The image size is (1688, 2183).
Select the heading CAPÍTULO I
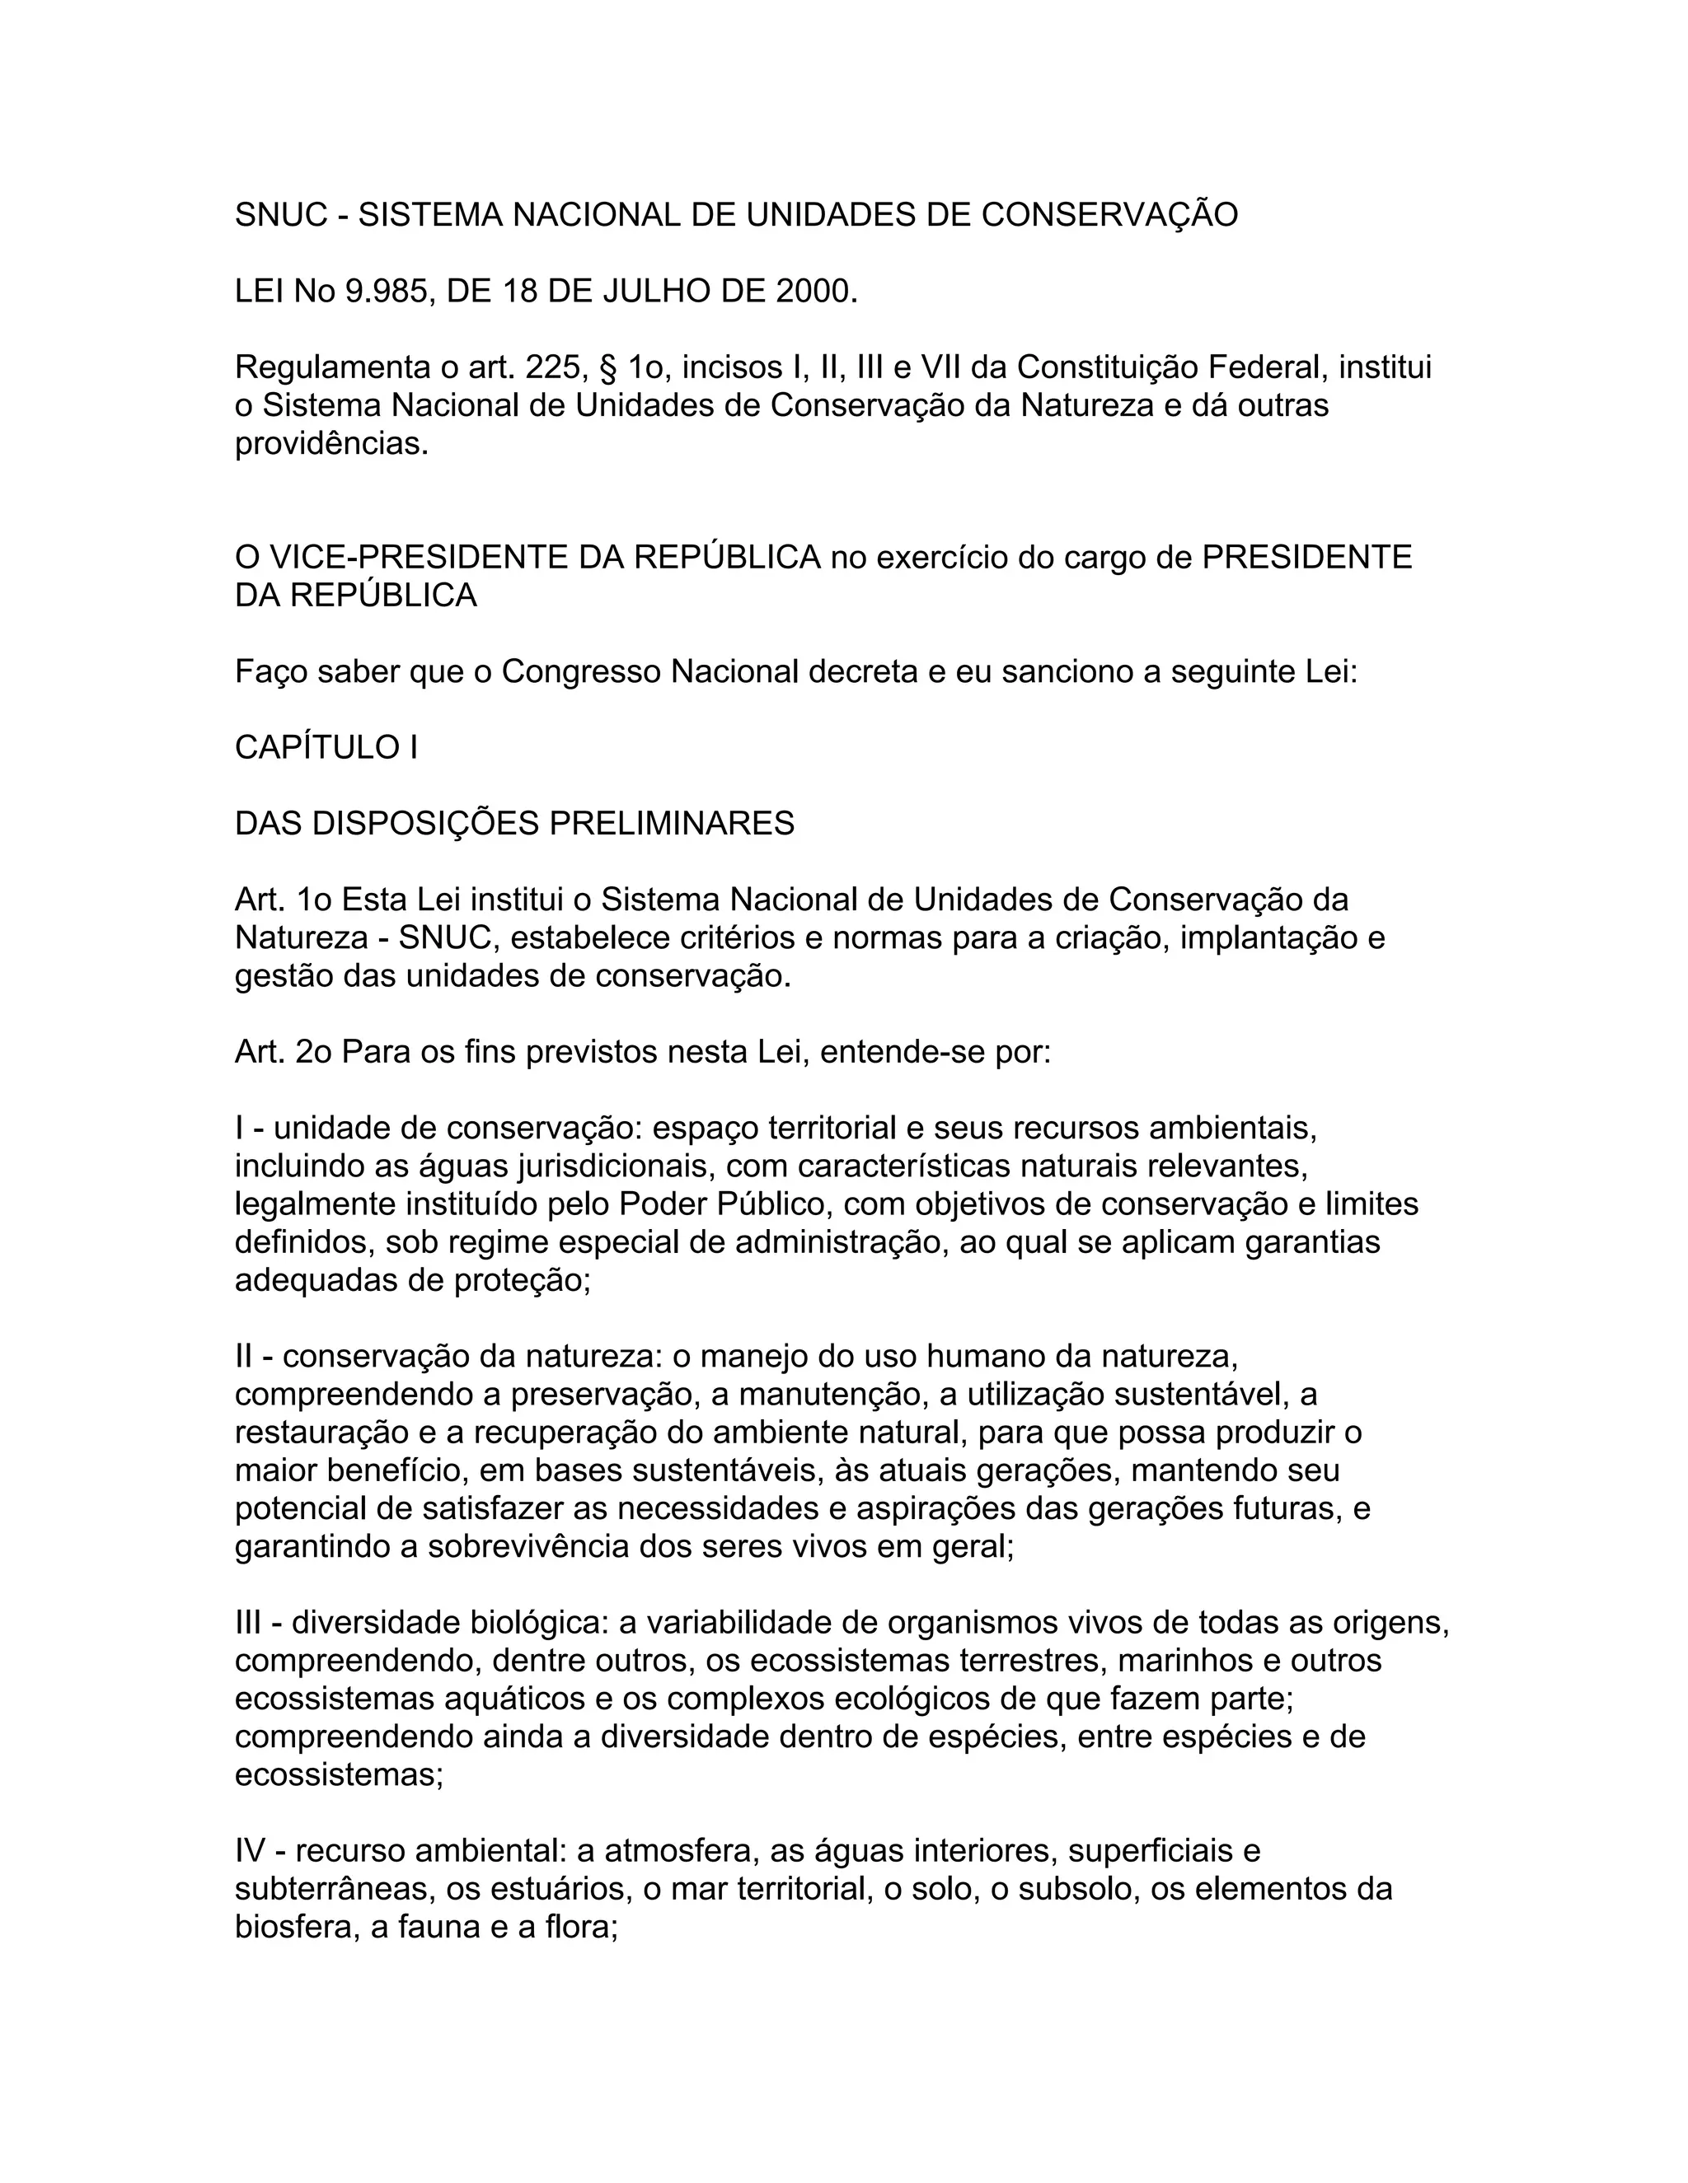tap(326, 748)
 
